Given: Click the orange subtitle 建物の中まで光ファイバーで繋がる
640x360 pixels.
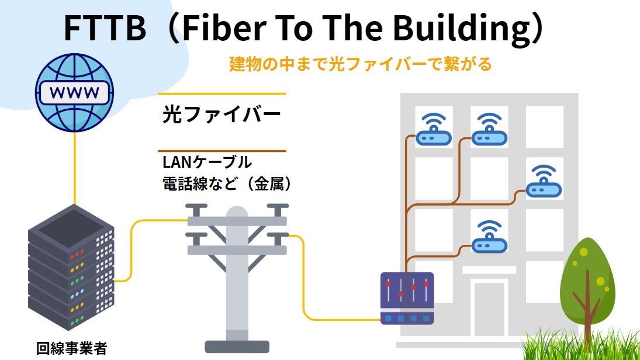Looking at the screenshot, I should (x=360, y=64).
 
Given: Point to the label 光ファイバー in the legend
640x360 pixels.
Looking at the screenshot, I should (x=222, y=115).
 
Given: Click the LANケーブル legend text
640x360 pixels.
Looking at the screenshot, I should (x=207, y=162).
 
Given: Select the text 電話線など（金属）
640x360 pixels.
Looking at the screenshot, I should (x=227, y=184).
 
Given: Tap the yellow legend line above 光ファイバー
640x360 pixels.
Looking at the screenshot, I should (x=222, y=94).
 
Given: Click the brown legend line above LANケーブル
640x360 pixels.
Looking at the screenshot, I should (x=222, y=151).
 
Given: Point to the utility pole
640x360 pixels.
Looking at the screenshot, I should (x=237, y=275).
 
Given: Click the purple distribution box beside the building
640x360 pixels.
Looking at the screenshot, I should (x=407, y=298).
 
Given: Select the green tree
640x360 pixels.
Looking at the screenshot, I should (x=587, y=286).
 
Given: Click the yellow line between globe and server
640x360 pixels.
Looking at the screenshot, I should (x=74, y=169).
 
